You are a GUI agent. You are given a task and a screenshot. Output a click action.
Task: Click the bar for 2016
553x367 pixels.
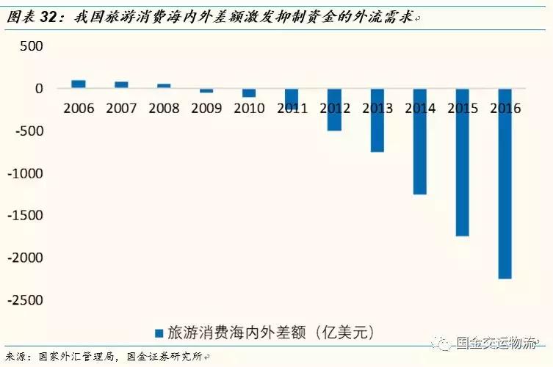(x=505, y=183)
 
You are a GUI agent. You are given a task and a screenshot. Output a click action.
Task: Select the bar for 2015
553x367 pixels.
(x=463, y=162)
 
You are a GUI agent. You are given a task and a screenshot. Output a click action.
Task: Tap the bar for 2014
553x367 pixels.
(x=420, y=142)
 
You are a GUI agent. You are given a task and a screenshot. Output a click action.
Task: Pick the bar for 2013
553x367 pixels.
(x=377, y=120)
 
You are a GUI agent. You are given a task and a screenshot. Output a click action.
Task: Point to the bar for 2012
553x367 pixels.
(x=335, y=110)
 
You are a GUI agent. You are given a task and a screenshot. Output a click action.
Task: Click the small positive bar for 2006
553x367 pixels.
(x=79, y=84)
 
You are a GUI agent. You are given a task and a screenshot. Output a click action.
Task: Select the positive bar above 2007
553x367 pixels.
(x=121, y=85)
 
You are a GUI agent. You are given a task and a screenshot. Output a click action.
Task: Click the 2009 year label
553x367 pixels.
(x=206, y=109)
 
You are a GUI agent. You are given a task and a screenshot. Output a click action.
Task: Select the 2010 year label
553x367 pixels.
(x=249, y=109)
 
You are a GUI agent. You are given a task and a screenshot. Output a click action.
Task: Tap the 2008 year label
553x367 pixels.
(x=164, y=109)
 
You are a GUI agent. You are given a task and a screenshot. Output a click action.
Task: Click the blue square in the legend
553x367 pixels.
(x=158, y=333)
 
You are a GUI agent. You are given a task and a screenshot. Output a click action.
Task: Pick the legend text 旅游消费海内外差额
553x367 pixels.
(x=235, y=333)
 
